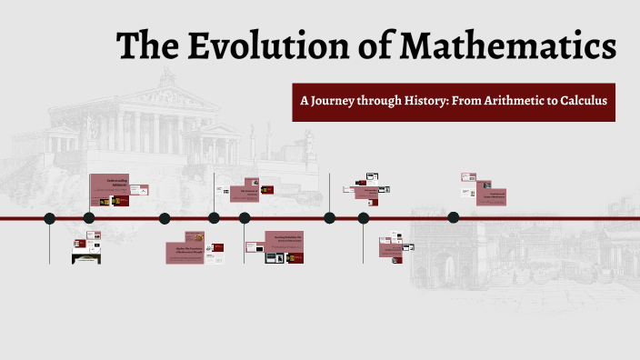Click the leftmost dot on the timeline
tap(49, 218)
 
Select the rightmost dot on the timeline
tap(454, 218)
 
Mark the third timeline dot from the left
tap(165, 218)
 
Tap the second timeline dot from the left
tap(89, 218)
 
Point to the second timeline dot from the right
tap(364, 218)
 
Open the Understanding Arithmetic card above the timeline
tap(109, 190)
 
